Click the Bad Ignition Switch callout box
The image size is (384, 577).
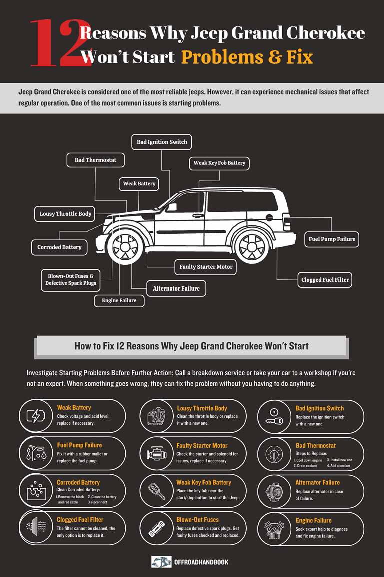161,142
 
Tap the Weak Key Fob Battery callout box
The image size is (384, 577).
219,163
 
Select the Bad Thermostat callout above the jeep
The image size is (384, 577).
95,160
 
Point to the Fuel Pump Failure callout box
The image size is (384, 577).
332,239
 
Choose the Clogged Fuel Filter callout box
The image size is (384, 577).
325,280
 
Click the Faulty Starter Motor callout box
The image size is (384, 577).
206,267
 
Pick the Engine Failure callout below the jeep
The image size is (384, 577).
119,301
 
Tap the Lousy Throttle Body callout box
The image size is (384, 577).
65,214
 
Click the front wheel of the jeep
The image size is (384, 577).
125,247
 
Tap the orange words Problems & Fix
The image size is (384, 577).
247,57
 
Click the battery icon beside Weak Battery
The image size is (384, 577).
36,416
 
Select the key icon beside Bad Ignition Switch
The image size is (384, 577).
274,417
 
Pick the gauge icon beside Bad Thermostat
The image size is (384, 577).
274,454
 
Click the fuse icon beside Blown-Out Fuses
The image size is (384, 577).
157,529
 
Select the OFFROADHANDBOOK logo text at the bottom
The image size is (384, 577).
201,562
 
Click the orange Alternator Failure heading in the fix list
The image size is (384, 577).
318,482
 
